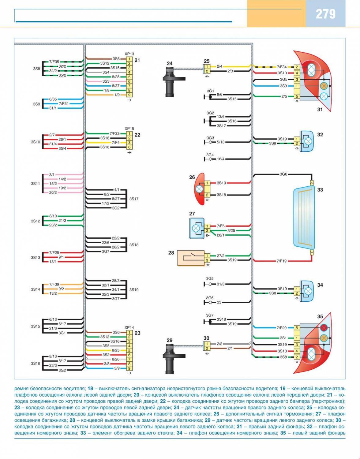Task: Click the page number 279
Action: pos(325,14)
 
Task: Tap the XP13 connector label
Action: pos(129,54)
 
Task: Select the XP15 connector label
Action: pos(129,129)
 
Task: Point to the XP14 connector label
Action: pos(129,327)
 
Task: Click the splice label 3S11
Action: pos(35,184)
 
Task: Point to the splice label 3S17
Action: pos(134,199)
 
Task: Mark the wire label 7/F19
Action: pos(281,261)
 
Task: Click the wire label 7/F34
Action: pos(282,67)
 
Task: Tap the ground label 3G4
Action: pos(210,155)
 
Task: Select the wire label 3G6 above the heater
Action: pos(283,174)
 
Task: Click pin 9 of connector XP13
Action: pos(129,95)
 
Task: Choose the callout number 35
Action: pos(320,316)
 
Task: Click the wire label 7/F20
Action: pos(281,328)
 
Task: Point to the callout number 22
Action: pos(137,135)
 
